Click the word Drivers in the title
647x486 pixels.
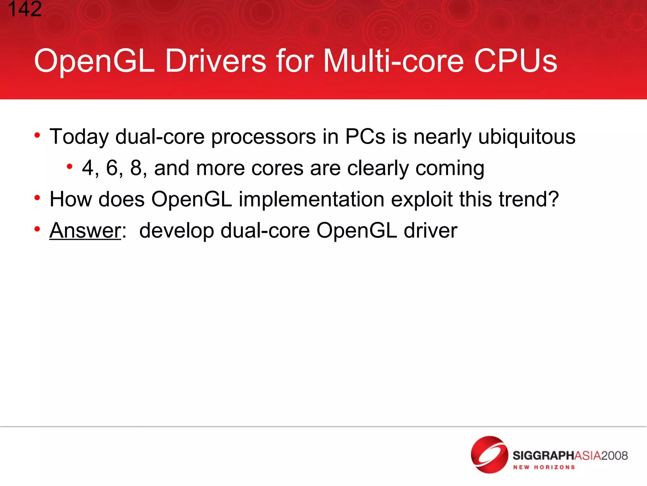pos(216,61)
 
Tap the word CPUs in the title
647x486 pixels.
pos(515,61)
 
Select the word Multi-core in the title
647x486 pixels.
pos(394,61)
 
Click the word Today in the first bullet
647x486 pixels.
pos(79,137)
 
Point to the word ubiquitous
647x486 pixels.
pos(527,137)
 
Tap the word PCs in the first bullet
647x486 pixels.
pos(365,137)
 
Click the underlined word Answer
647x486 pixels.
pos(85,230)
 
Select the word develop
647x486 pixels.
pos(176,231)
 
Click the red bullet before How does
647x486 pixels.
pos(37,198)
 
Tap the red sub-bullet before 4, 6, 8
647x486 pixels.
pos(70,166)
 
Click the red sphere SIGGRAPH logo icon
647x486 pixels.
pos(489,454)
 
